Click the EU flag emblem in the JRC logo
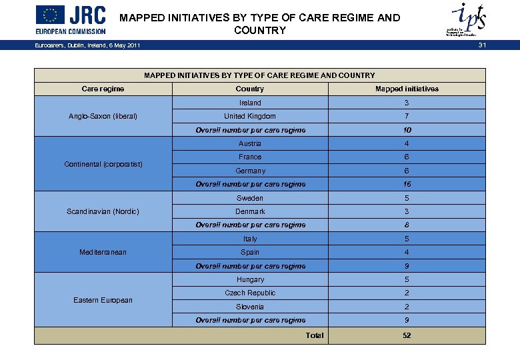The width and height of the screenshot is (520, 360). click(x=50, y=15)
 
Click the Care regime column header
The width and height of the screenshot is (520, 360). click(x=103, y=89)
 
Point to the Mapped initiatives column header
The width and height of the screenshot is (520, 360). click(x=407, y=89)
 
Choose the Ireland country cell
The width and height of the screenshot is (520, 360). click(x=250, y=103)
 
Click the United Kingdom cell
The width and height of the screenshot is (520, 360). click(x=250, y=116)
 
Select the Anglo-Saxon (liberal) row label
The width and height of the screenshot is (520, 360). click(x=103, y=116)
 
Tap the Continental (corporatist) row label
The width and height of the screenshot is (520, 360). click(x=103, y=164)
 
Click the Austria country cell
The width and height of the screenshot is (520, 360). click(x=250, y=143)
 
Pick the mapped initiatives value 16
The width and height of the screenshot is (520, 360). click(x=407, y=184)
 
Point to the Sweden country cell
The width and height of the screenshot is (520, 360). click(x=250, y=198)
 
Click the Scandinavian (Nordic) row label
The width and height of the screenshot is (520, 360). click(x=103, y=211)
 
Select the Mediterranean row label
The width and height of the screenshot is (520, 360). click(x=103, y=252)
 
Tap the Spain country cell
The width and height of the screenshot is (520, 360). click(x=250, y=252)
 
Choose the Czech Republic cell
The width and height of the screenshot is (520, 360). click(x=250, y=293)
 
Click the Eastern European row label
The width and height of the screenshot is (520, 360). click(x=103, y=300)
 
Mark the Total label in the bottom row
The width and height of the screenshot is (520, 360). click(x=315, y=335)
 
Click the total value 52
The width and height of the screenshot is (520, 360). click(x=407, y=335)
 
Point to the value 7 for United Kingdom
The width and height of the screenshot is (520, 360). click(x=407, y=116)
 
